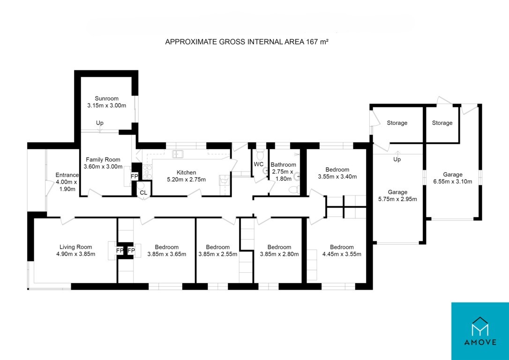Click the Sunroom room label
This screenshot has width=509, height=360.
pyautogui.click(x=106, y=98)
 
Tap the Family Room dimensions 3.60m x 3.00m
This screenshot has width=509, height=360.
pyautogui.click(x=103, y=167)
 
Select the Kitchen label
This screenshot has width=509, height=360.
pyautogui.click(x=187, y=172)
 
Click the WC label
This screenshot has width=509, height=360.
pyautogui.click(x=259, y=164)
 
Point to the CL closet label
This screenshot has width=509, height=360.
pyautogui.click(x=143, y=193)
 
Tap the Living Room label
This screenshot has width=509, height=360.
pyautogui.click(x=75, y=247)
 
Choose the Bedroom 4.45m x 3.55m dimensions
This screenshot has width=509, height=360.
pyautogui.click(x=342, y=254)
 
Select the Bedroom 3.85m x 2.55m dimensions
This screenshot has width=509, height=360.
pyautogui.click(x=218, y=254)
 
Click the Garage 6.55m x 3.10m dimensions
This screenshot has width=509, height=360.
pyautogui.click(x=452, y=181)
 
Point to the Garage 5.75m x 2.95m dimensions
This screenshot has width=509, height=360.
pyautogui.click(x=397, y=199)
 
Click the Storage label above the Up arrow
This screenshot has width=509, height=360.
pyautogui.click(x=397, y=123)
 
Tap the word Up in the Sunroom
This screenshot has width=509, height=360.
pyautogui.click(x=100, y=123)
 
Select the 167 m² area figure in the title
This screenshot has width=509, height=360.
pyautogui.click(x=318, y=42)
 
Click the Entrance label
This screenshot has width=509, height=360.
pyautogui.click(x=67, y=175)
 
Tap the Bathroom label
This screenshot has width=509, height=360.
pyautogui.click(x=284, y=165)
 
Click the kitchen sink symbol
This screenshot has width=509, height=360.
pyautogui.click(x=178, y=154)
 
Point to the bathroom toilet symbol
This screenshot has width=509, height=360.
pyautogui.click(x=294, y=189)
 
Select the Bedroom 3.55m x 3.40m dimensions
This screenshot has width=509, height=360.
pyautogui.click(x=337, y=177)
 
